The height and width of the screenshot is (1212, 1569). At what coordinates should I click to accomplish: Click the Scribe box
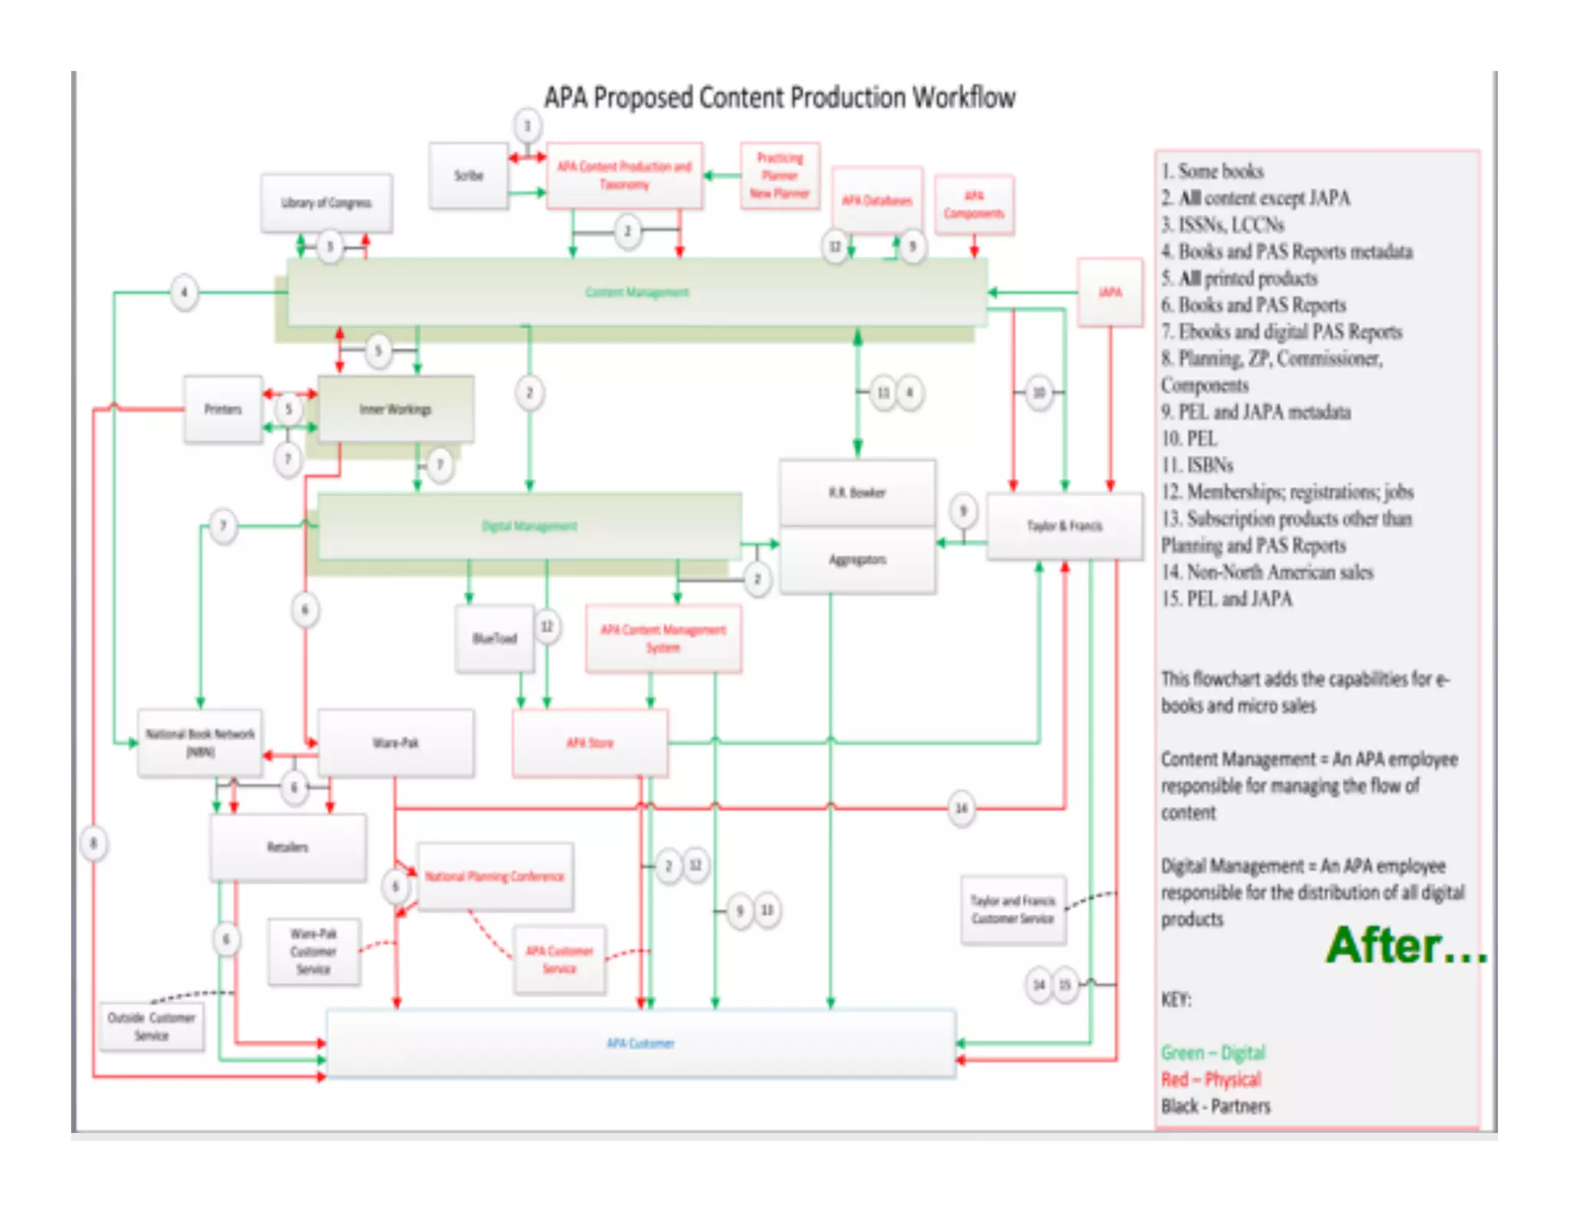point(468,175)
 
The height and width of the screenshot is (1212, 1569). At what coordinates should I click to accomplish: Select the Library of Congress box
point(326,203)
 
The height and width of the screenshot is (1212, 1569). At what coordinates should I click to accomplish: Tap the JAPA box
point(1110,293)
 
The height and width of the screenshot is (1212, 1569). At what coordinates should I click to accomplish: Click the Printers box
point(223,409)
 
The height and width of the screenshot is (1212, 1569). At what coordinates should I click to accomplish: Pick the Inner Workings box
point(395,409)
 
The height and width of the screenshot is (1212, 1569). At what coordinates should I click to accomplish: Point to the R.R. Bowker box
point(857,493)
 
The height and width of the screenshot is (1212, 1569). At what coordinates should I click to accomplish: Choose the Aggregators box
point(857,560)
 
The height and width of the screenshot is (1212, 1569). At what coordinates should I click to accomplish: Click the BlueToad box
point(494,638)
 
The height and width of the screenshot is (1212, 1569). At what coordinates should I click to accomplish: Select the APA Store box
point(590,742)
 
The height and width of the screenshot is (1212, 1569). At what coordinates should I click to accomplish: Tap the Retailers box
point(288,847)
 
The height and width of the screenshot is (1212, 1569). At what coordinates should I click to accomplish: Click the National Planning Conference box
point(495,876)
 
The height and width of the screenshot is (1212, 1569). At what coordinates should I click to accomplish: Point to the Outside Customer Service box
point(152,1027)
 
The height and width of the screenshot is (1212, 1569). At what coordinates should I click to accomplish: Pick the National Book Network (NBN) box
point(200,742)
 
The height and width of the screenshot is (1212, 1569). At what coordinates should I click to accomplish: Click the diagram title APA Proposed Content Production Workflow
point(780,98)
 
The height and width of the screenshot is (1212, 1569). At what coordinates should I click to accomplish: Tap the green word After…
point(1406,946)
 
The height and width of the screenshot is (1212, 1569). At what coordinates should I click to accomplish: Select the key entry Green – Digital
point(1213,1053)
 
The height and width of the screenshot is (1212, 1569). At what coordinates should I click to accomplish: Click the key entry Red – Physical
point(1210,1079)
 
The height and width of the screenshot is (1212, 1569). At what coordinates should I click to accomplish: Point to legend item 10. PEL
point(1189,439)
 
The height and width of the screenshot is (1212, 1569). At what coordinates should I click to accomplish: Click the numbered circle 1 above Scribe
point(527,126)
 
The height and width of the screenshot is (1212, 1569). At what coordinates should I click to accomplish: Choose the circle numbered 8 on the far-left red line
point(93,843)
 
